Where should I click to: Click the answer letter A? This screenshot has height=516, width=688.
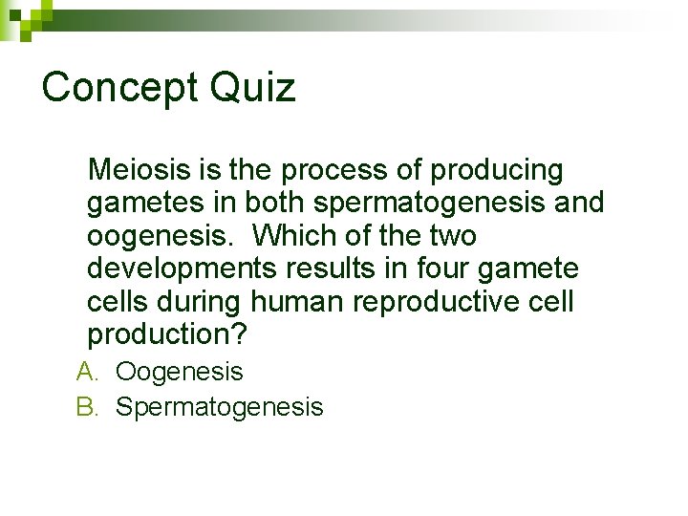87,372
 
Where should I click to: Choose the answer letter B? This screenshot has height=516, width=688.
87,407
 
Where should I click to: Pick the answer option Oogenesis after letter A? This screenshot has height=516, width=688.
180,372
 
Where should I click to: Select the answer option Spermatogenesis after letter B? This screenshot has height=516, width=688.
220,408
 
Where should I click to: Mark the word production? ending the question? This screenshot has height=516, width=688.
167,335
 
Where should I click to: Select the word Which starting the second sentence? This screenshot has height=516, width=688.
297,236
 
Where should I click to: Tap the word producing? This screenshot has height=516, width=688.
497,170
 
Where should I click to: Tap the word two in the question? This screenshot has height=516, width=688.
453,236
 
